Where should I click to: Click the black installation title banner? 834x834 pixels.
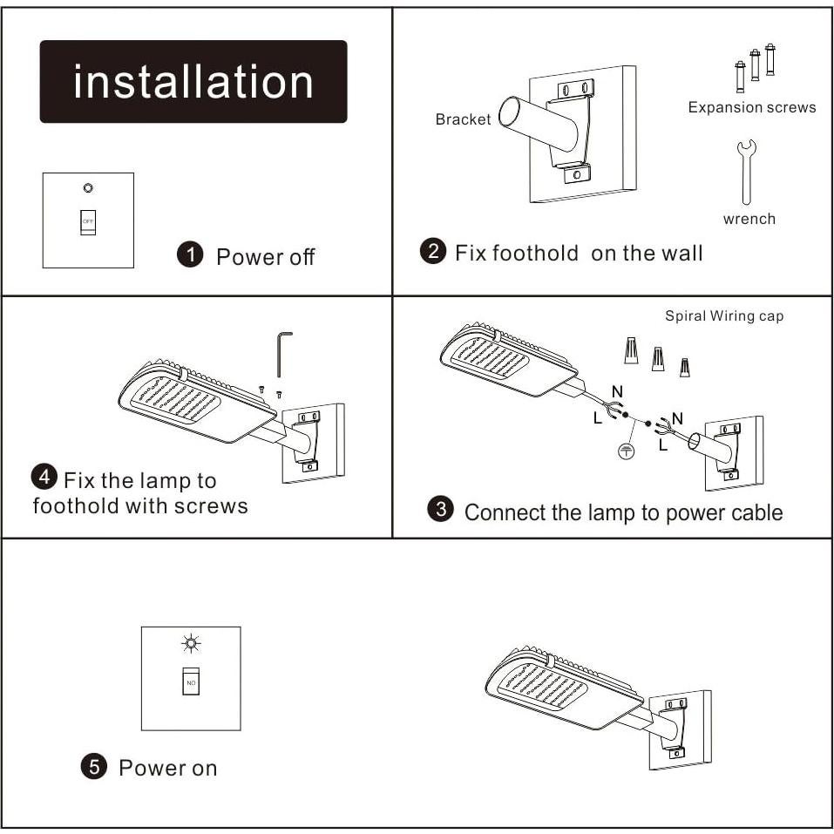[193, 81]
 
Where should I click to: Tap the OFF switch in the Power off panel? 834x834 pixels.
[88, 221]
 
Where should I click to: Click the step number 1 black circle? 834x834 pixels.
[189, 255]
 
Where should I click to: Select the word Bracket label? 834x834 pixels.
[463, 119]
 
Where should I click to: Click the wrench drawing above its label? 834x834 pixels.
[747, 171]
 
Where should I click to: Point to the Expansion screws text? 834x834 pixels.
[751, 107]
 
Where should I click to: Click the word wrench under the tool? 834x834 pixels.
[749, 219]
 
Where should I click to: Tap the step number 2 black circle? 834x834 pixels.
[432, 252]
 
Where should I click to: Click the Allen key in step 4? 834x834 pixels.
[283, 353]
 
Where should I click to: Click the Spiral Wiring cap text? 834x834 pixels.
[723, 315]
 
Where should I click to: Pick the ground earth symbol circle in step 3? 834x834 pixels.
[625, 451]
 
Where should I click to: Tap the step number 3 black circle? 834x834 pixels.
[442, 510]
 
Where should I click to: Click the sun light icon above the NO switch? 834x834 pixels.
[191, 644]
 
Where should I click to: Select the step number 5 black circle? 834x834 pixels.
[93, 767]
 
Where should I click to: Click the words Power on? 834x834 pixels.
[167, 768]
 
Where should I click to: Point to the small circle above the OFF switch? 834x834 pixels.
[88, 187]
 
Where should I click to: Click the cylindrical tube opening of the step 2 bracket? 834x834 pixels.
[508, 113]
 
